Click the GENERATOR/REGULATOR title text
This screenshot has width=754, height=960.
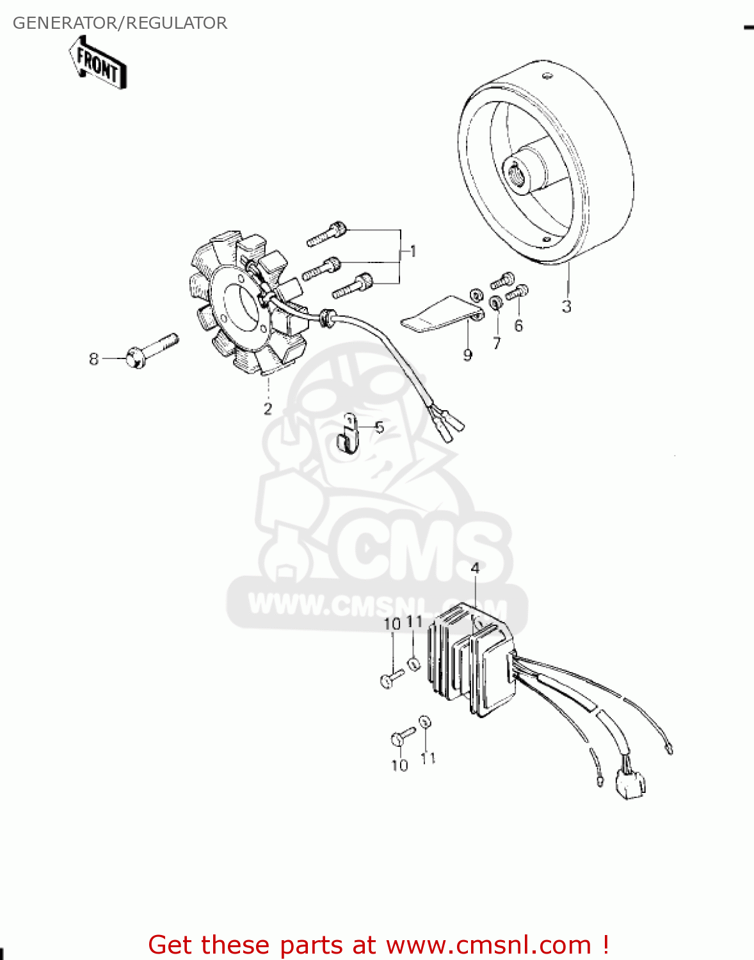[120, 23]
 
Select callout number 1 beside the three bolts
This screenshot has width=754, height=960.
[413, 251]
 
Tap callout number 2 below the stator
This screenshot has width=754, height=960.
[268, 408]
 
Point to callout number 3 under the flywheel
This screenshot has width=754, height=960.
[566, 307]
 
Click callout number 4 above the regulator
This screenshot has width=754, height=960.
[475, 568]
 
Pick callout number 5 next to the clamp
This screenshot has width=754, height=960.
[380, 427]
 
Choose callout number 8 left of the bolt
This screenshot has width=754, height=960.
[94, 359]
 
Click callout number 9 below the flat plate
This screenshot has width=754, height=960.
[468, 355]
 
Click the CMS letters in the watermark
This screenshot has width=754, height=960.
[416, 550]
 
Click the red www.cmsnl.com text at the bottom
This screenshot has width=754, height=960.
[488, 945]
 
